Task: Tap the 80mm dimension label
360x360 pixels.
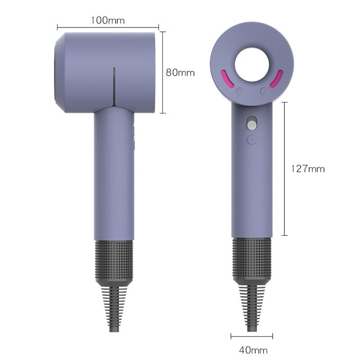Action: pos(180,72)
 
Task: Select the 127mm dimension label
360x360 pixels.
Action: pos(308,169)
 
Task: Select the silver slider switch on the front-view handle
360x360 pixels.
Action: pos(252,123)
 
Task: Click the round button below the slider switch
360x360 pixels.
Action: pos(252,139)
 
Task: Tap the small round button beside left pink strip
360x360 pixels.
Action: pos(240,91)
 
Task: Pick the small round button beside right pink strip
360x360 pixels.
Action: pos(264,91)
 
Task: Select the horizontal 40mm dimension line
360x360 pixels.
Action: pos(252,335)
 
